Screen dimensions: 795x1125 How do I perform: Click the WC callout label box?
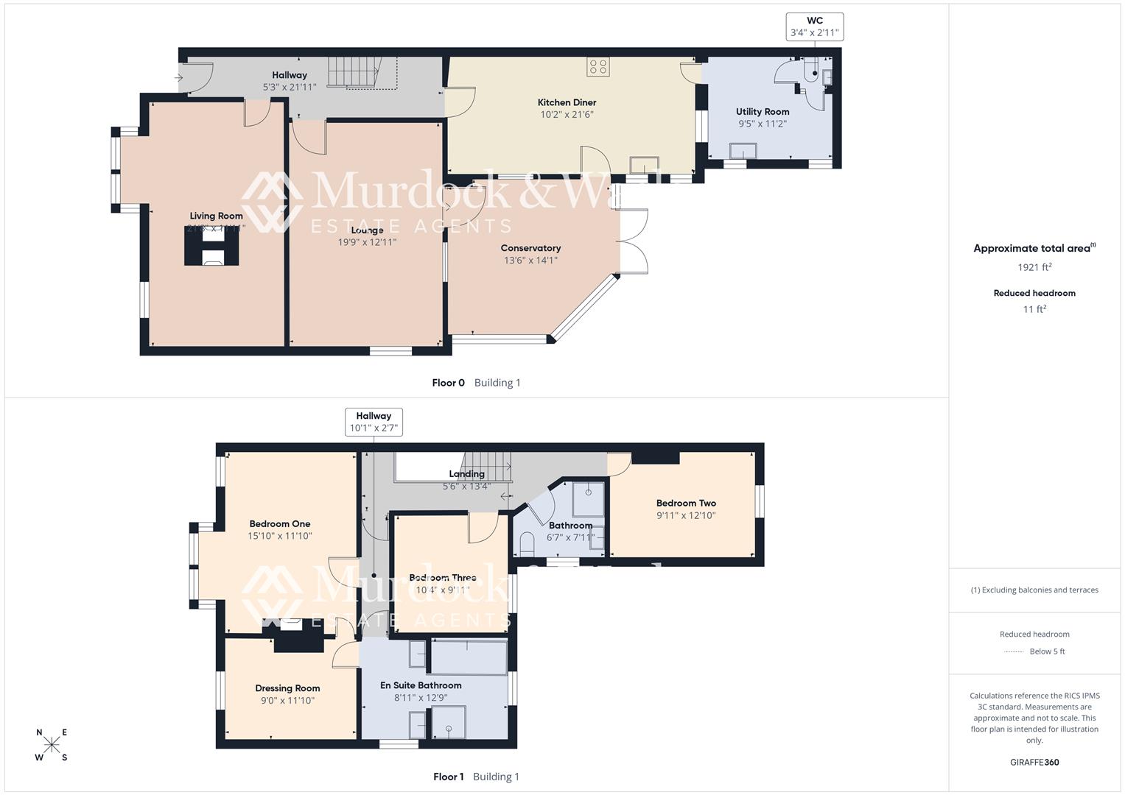pos(814,26)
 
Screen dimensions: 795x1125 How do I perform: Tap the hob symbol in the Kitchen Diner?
pos(597,67)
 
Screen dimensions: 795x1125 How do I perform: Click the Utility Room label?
pos(762,112)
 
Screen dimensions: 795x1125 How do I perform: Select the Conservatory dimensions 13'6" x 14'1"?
pos(530,260)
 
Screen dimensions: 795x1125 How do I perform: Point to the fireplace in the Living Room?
pos(211,246)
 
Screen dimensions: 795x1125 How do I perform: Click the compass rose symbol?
pos(52,745)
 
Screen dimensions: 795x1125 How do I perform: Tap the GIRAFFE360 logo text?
pos(1034,762)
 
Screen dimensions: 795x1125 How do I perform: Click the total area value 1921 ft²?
pos(1034,267)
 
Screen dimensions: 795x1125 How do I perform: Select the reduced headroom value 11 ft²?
pos(1034,309)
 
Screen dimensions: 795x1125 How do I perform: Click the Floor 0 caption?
pos(448,383)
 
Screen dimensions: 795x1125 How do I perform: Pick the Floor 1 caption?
pos(448,777)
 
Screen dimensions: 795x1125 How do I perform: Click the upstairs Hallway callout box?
pos(374,422)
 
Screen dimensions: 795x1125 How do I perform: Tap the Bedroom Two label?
pos(686,504)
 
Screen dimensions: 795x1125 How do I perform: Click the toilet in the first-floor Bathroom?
pos(526,544)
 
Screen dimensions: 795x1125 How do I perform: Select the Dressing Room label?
pos(287,688)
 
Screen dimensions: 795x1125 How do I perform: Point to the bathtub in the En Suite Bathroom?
pos(469,657)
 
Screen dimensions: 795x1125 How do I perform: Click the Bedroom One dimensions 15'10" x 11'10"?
pos(280,536)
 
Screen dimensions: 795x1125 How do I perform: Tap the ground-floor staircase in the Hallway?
pos(352,72)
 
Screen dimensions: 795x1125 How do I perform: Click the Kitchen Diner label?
pos(567,102)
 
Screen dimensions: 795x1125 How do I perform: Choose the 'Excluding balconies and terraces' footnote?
pos(1034,590)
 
